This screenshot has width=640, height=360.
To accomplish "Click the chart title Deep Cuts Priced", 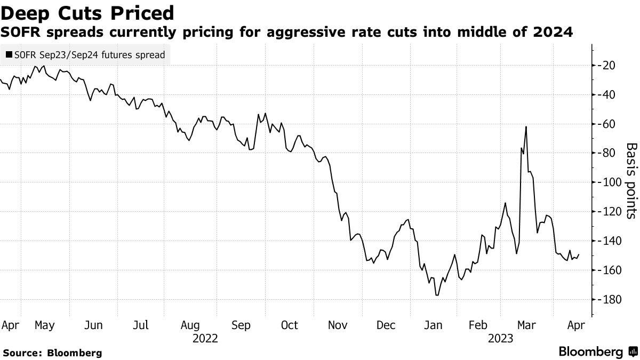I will pos(87,12).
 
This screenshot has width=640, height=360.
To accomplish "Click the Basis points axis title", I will pos(631,181).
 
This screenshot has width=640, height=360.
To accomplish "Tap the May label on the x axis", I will pos(44,325).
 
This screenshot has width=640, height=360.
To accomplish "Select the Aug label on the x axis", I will pos(190,325).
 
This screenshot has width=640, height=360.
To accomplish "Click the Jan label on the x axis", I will pos(433,325).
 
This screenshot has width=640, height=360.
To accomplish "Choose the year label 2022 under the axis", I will pos(205,338).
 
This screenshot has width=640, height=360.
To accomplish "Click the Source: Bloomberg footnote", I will pos(52,353).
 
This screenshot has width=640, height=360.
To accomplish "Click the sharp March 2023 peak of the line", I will pos(526,126).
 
